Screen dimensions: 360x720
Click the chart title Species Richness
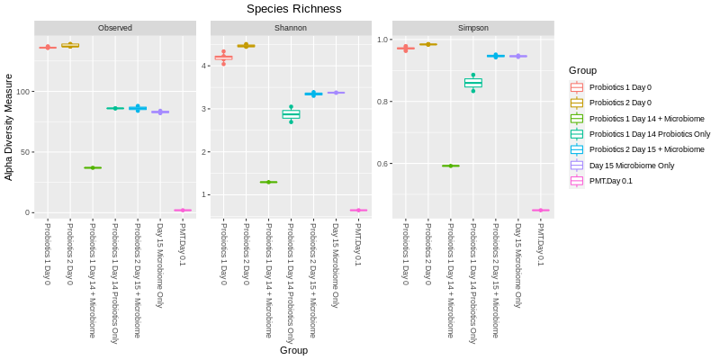point(294,9)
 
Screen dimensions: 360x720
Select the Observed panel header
point(115,28)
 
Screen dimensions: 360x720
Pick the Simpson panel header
point(473,28)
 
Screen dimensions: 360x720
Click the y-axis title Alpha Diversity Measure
point(9,128)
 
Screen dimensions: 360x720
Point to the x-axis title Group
point(293,350)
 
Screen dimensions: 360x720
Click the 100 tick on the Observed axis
point(23,92)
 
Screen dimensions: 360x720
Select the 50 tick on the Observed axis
point(25,152)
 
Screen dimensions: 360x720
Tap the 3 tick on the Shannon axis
point(206,109)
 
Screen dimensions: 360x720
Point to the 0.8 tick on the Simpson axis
point(382,102)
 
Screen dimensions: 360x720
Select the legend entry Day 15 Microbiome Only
point(631,166)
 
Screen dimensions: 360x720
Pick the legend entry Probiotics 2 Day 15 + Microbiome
point(646,149)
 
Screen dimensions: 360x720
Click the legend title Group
point(582,70)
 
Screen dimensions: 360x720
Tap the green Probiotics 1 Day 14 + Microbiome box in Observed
point(93,167)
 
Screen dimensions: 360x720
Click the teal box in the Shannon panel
point(291,114)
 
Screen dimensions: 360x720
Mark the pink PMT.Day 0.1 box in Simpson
point(540,211)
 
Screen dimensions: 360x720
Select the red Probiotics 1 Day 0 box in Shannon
point(223,58)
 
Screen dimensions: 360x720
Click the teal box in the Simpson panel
point(473,83)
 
